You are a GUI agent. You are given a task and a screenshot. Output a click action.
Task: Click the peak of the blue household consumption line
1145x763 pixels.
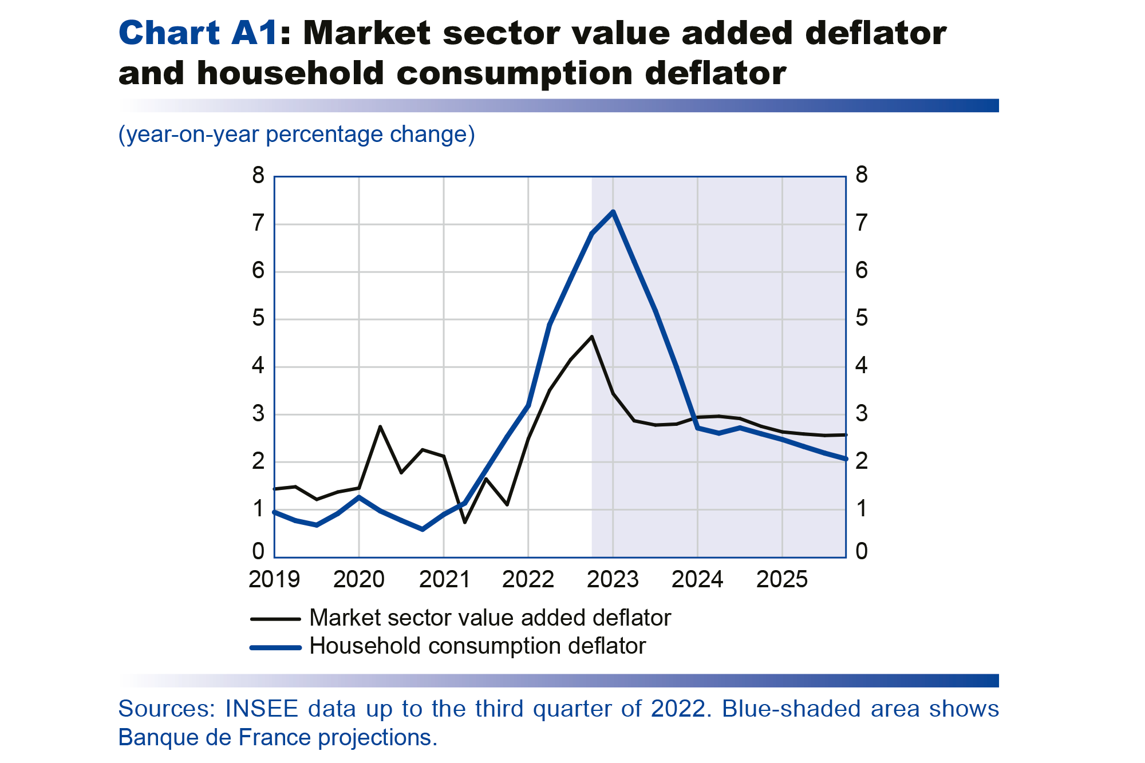point(613,212)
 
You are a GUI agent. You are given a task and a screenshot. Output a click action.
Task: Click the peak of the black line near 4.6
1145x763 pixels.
point(591,337)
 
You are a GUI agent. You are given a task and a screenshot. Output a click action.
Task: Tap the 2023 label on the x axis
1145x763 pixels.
point(613,579)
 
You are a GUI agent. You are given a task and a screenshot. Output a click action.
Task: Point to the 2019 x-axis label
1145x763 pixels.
point(274,579)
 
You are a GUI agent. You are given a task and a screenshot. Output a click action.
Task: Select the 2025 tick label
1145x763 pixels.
point(781,579)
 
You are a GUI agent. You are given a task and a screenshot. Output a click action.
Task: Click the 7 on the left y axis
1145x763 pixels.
point(258,223)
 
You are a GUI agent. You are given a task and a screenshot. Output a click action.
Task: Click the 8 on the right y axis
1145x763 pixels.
point(861,175)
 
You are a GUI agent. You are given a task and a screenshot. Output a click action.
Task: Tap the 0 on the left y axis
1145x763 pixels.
point(258,551)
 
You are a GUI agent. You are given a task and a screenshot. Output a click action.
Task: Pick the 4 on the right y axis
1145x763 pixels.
point(861,365)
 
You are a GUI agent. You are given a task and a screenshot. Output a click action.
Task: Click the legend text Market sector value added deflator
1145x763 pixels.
point(489,618)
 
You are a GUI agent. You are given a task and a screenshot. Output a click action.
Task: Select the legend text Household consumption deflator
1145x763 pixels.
point(477,646)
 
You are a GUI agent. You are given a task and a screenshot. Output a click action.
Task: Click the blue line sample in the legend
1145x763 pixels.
point(275,647)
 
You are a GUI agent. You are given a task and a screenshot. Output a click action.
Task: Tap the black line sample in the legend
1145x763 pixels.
point(275,619)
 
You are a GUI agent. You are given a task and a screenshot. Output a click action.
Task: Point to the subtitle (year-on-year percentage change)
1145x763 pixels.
point(297,135)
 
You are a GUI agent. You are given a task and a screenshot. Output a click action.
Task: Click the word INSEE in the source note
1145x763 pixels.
point(262,709)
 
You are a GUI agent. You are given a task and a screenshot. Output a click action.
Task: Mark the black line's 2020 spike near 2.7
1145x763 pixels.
point(380,426)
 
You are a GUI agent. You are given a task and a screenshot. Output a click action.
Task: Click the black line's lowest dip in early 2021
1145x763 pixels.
point(464,522)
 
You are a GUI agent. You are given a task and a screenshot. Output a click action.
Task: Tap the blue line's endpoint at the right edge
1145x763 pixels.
point(845,458)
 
